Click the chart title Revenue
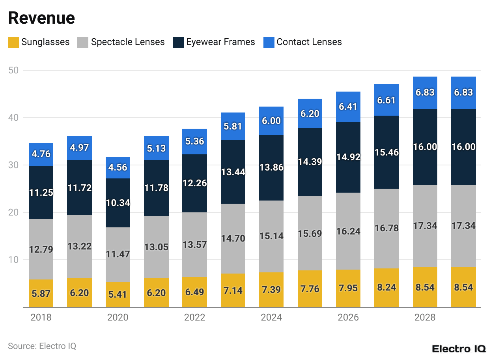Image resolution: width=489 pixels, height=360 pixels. [x=41, y=18]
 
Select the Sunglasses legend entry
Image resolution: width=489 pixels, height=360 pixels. [x=39, y=42]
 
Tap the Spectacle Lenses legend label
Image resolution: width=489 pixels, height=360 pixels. [x=128, y=42]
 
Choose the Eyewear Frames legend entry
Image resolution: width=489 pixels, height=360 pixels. [x=220, y=42]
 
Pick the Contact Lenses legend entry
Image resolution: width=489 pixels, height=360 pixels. [x=309, y=42]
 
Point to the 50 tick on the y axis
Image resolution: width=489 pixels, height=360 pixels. [x=15, y=70]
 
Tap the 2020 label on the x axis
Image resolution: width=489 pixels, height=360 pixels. [x=118, y=317]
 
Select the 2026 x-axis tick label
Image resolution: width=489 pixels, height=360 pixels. [x=348, y=317]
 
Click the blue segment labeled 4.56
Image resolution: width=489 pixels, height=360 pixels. [x=118, y=167]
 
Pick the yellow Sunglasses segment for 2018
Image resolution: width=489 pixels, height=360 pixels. [x=41, y=293]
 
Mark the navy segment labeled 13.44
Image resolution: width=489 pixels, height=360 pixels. [x=233, y=172]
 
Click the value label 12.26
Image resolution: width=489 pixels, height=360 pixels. [x=194, y=183]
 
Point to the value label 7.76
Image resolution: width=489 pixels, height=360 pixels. [x=310, y=289]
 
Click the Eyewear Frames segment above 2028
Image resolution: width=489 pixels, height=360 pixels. [x=425, y=147]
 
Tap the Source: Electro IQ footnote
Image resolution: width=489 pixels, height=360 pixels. [x=42, y=346]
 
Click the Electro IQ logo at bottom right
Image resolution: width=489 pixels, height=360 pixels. [x=459, y=349]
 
